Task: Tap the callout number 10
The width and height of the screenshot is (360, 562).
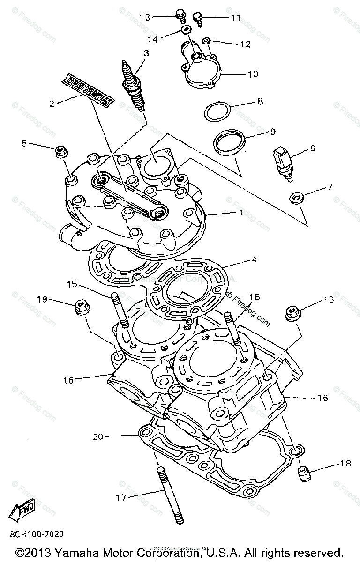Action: (x=253, y=74)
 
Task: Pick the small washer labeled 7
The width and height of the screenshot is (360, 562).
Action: (x=296, y=197)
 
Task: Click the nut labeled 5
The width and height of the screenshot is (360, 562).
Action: (x=60, y=151)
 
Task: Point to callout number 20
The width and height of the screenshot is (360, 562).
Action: (x=98, y=436)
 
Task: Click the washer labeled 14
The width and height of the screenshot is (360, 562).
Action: (x=187, y=31)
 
